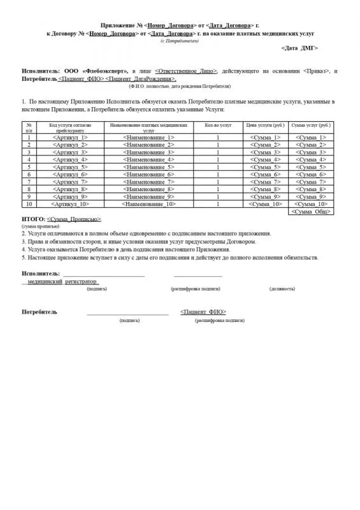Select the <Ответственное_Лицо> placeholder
pos(186,71)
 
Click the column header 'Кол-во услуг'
pos(218,126)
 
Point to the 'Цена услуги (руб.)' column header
pos(264,126)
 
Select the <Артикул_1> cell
pos(69,137)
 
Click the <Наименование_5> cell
pos(148,166)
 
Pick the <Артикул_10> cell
pos(69,204)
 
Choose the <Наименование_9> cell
pos(148,196)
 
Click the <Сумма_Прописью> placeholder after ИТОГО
pos(74,219)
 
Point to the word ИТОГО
pos(32,219)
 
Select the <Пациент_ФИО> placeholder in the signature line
pos(203,312)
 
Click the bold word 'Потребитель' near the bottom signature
pos(40,312)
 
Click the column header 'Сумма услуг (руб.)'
pos(310,126)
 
